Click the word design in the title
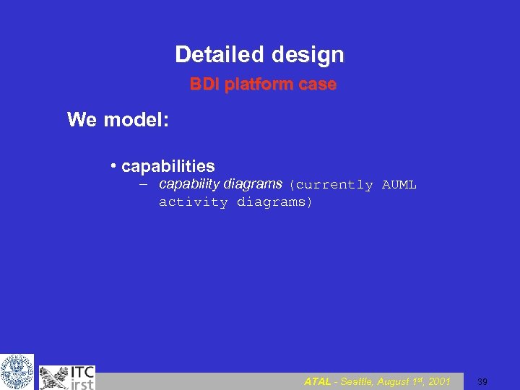(308, 55)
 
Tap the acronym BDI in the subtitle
(204, 84)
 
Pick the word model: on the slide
(137, 119)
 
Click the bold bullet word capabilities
(168, 167)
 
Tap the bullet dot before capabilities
(114, 167)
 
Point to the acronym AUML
(399, 185)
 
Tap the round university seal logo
(17, 372)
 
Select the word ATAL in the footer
(318, 381)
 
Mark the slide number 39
(482, 381)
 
